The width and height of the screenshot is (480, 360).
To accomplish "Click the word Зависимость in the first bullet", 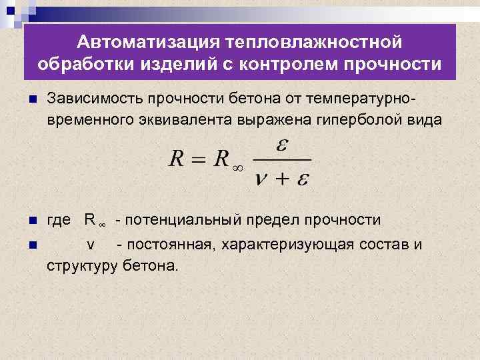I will coord(93,99).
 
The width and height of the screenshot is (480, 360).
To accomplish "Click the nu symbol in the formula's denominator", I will coord(261,179).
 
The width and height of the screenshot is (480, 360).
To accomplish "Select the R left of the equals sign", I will coord(176,160).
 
